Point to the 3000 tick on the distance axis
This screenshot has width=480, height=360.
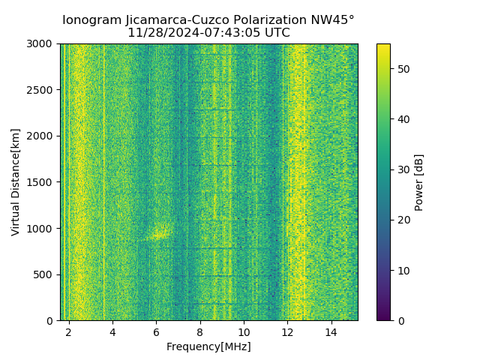pyautogui.click(x=40, y=44)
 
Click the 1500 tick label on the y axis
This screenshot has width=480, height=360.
pyautogui.click(x=40, y=182)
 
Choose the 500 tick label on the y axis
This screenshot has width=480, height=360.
pyautogui.click(x=43, y=274)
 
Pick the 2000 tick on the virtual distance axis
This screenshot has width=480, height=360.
pyautogui.click(x=40, y=136)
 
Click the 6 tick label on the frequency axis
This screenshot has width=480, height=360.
pyautogui.click(x=156, y=331)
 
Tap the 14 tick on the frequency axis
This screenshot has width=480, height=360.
pyautogui.click(x=331, y=331)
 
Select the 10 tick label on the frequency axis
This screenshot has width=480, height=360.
pyautogui.click(x=244, y=331)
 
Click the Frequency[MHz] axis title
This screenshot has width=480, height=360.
pyautogui.click(x=208, y=346)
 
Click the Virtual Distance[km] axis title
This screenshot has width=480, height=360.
pyautogui.click(x=16, y=182)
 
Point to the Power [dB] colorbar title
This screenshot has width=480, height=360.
pyautogui.click(x=419, y=182)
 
